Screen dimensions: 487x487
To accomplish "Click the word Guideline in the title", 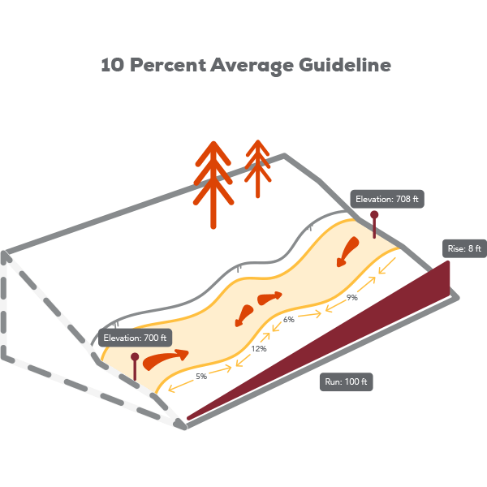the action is [345, 65].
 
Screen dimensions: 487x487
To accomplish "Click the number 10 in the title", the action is [113, 65].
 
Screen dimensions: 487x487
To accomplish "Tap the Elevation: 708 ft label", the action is [387, 199].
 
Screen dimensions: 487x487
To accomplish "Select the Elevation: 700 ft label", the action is [135, 338].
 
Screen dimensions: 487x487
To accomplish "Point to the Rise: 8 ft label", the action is [464, 248].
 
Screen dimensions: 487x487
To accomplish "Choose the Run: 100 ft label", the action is [346, 381].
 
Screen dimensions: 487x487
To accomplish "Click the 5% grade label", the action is [201, 377].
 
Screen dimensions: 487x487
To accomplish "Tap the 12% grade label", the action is [259, 349].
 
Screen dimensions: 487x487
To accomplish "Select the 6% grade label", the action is [288, 320].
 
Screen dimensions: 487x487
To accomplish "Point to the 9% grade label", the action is [352, 298].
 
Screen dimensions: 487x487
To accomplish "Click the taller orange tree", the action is [213, 185].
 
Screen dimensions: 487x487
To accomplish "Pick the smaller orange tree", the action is [257, 169].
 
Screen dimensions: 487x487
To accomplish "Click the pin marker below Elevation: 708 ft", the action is [374, 224].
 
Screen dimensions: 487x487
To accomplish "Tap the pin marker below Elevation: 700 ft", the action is [135, 367].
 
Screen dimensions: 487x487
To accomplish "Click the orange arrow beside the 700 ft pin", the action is [165, 359].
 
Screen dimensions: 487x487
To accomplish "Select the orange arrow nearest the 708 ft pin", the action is [348, 251].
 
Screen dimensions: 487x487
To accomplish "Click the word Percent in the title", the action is [168, 65].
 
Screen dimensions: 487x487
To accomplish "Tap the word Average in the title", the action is [252, 66].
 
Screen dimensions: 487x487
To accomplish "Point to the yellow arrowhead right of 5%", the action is [228, 368].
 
